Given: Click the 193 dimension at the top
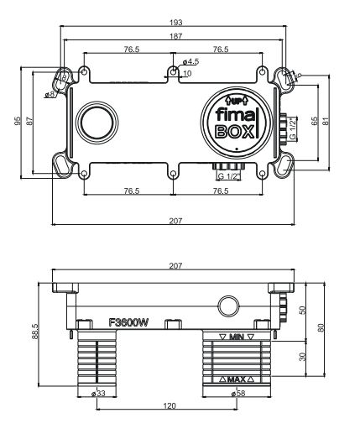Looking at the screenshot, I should [174, 20].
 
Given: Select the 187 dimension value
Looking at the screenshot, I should [174, 37].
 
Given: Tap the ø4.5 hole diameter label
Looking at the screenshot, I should [190, 61].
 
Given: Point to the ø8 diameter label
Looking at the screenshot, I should [50, 94].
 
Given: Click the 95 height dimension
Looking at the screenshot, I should [18, 121].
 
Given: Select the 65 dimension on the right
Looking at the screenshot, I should [314, 121].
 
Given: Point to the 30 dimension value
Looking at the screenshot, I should [302, 357].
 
